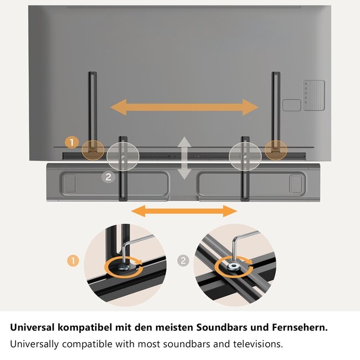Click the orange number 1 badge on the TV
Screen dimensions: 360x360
71,142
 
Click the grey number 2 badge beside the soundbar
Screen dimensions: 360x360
109,177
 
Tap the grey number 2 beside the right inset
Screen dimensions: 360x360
183,259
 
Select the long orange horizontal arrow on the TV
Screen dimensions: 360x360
184,107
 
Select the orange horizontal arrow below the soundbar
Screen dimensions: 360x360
184,210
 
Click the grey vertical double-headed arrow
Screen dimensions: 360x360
184,158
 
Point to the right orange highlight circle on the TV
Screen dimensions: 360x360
275,148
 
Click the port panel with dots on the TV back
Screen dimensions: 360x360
313,95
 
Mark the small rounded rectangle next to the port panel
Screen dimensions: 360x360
291,105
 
